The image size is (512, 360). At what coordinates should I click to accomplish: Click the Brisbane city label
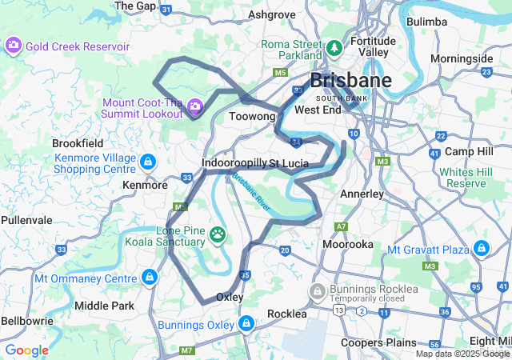click(350, 81)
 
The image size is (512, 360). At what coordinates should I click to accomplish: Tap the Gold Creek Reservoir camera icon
click(14, 46)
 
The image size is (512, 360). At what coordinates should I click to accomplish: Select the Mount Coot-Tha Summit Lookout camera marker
click(194, 106)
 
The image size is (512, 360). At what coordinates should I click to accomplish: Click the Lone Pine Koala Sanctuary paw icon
click(218, 234)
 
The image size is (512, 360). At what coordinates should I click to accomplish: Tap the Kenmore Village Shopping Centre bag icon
click(147, 163)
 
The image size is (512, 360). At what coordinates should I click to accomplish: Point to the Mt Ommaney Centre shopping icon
click(148, 278)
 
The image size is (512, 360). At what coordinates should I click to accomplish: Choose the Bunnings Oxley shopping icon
click(246, 324)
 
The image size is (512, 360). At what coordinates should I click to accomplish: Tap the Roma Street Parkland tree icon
click(334, 49)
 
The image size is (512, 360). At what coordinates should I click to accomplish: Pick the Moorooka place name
click(347, 244)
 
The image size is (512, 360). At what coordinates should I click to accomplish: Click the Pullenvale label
click(26, 218)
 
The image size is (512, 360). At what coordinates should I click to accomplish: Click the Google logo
click(26, 350)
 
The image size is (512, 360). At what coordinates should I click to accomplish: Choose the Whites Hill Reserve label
click(466, 178)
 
